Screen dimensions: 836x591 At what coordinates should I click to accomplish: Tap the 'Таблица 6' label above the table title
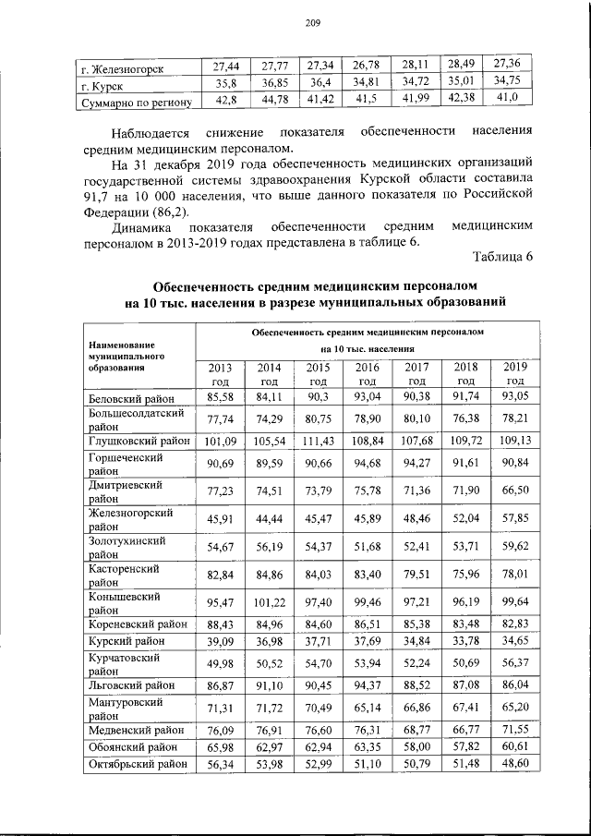click(x=501, y=256)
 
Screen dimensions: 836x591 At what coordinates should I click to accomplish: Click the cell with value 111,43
click(x=318, y=440)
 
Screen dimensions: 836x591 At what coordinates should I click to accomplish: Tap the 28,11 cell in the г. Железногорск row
click(x=416, y=66)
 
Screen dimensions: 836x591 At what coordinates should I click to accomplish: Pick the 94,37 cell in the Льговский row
click(x=367, y=685)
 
